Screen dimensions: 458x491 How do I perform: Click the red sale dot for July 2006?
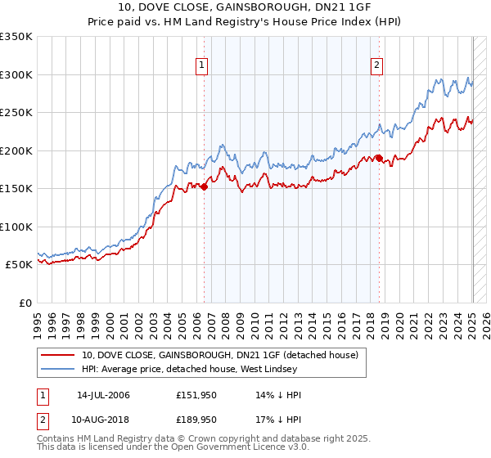pyautogui.click(x=205, y=187)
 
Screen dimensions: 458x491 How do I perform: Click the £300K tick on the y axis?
pyautogui.click(x=16, y=74)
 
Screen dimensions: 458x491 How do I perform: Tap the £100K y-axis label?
pyautogui.click(x=16, y=227)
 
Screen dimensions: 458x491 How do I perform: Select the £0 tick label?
pyautogui.click(x=25, y=303)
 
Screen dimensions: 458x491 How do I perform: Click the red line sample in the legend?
pyautogui.click(x=59, y=355)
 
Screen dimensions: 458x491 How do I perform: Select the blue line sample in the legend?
pyautogui.click(x=59, y=370)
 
